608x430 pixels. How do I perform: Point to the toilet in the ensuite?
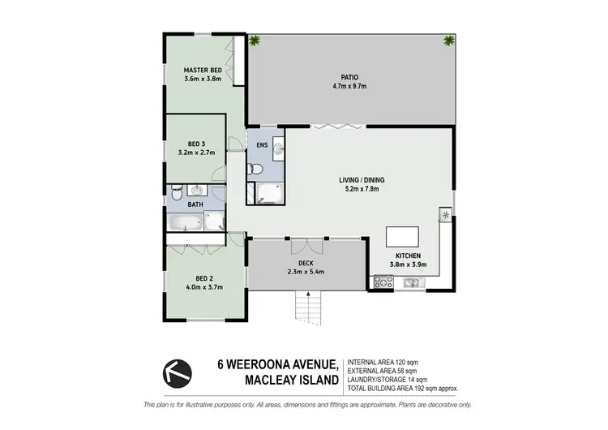pos(255,170)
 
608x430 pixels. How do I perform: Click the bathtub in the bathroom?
pos(186,221)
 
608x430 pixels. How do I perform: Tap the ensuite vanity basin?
pos(277,148)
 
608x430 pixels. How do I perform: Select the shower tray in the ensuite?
pos(267,191)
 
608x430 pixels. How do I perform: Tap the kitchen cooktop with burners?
pos(383,282)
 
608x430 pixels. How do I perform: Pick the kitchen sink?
pos(411,282)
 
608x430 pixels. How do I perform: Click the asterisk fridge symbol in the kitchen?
pos(445,214)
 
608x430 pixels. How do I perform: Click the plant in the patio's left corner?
pos(255,41)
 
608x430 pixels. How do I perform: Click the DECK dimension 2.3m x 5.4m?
pos(307,272)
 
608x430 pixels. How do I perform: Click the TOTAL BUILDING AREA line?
pos(402,388)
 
